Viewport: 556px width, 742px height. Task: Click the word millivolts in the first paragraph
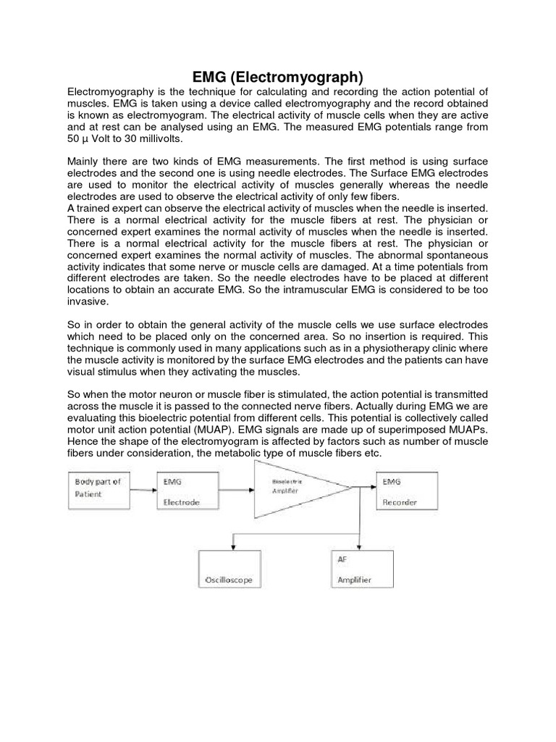pos(162,138)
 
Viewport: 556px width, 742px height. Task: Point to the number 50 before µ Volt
pos(74,138)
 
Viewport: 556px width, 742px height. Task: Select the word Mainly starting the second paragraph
pos(85,162)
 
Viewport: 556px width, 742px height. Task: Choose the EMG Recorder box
pos(405,490)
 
